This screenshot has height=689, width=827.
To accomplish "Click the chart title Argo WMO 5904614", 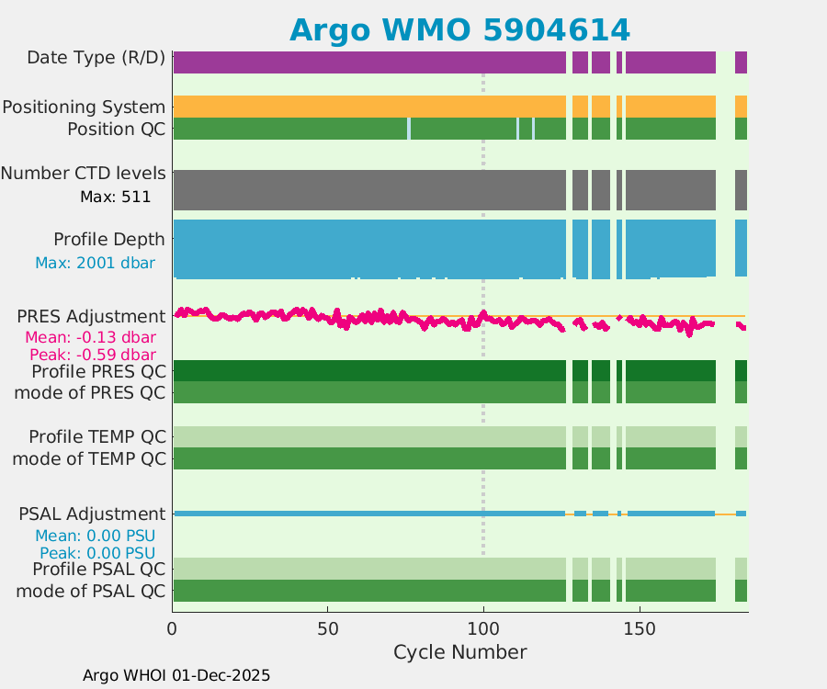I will click(459, 30).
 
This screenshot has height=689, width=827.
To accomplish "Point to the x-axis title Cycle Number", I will click(459, 652).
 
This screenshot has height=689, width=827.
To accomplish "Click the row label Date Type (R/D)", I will click(96, 58).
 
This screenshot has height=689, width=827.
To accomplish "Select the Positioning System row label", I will click(84, 107).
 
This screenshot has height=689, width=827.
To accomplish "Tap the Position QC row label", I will click(116, 129).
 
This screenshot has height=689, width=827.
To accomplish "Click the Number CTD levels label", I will click(83, 173).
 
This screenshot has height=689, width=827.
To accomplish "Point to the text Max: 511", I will click(115, 196).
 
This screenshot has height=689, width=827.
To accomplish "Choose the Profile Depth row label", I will click(108, 239).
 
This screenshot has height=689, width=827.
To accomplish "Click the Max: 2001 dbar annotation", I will click(95, 263).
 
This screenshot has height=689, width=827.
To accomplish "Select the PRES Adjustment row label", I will click(91, 316).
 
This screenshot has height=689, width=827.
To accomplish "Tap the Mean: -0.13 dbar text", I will click(89, 337).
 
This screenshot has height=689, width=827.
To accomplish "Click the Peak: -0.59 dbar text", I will click(92, 354).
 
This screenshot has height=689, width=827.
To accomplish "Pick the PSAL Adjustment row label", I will click(92, 514).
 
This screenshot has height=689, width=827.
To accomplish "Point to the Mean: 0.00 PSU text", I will click(95, 536).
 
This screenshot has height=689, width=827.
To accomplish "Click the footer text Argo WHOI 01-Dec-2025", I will click(176, 675).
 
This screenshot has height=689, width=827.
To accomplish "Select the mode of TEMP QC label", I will click(89, 457).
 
